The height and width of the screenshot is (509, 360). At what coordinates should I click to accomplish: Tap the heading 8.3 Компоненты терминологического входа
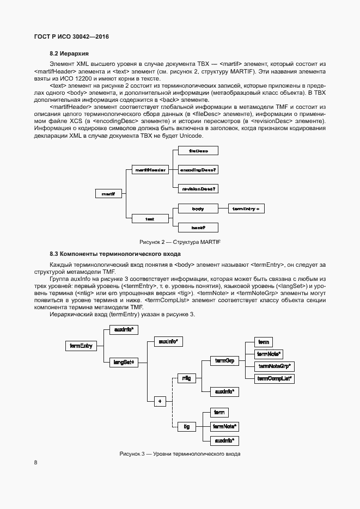(x=115, y=254)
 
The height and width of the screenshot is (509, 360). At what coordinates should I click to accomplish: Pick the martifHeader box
(x=150, y=170)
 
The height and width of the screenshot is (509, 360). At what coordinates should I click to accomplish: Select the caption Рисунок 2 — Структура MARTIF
(x=180, y=242)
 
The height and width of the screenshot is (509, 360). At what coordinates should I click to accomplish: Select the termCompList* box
(x=274, y=378)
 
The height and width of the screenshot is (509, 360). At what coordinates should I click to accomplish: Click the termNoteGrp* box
(x=274, y=366)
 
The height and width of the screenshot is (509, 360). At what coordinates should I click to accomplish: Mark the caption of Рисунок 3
(x=180, y=455)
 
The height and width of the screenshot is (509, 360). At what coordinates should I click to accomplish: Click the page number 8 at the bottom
(x=36, y=463)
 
